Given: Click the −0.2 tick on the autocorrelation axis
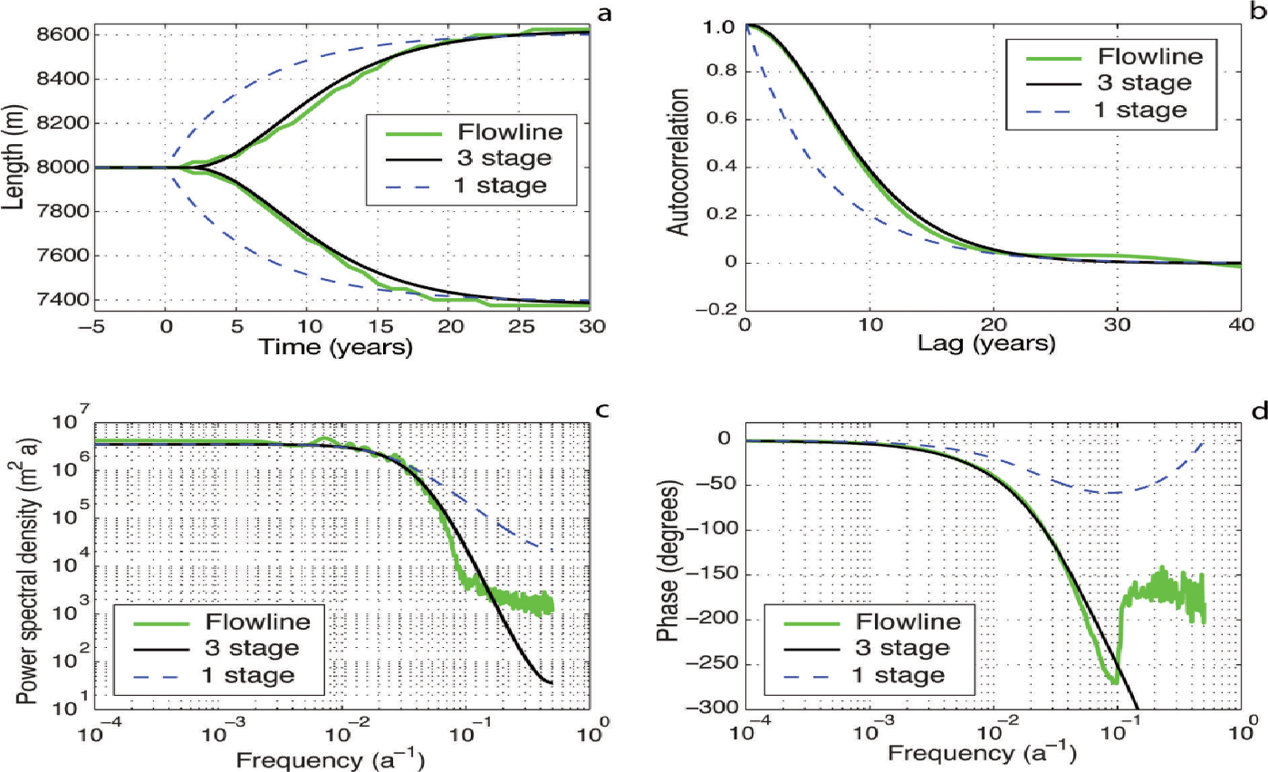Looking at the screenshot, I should (721, 307).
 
